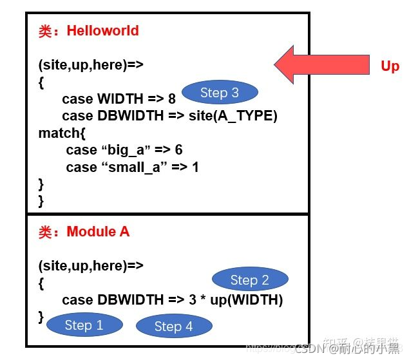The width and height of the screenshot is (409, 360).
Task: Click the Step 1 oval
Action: coord(84,325)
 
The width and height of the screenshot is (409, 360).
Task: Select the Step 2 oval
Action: coord(250,279)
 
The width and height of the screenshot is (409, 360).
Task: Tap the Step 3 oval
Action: coord(219,93)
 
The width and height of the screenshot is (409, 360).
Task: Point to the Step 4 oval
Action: coord(173,327)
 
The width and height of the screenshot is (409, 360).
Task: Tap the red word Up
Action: coord(389,66)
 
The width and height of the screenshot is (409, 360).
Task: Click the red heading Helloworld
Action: coord(104,31)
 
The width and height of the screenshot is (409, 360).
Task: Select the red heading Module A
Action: coord(98,232)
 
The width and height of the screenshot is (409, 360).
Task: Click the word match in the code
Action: coord(57,133)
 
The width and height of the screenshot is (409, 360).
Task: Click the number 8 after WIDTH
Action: coord(171,99)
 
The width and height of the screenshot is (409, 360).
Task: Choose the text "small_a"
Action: coord(135,167)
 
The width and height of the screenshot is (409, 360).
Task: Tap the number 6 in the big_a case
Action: coord(178,150)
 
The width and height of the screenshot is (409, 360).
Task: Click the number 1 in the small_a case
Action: coord(195,167)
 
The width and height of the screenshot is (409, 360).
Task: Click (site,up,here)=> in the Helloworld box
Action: coord(90,65)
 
